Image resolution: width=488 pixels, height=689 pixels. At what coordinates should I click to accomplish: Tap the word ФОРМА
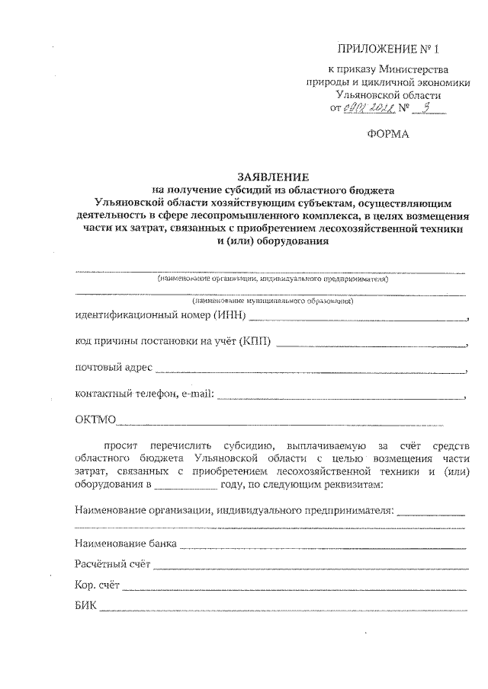388,135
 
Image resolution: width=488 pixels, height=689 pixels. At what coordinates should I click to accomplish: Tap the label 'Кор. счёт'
98,585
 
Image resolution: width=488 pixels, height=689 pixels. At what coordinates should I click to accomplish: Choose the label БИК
86,607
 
